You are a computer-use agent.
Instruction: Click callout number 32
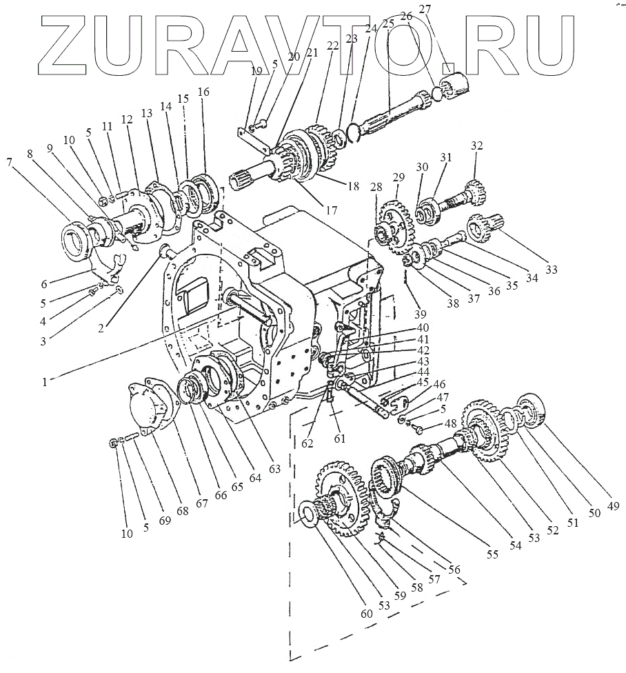pyautogui.click(x=477, y=145)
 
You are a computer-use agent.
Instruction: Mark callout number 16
pyautogui.click(x=203, y=92)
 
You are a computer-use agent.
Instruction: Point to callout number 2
pyautogui.click(x=101, y=328)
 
